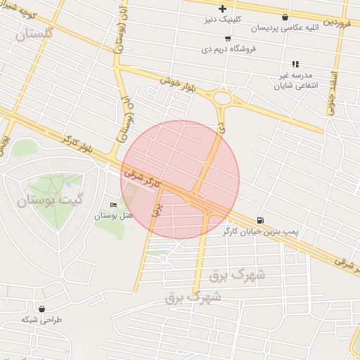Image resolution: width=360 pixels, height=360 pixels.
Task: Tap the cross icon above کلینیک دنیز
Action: click(222, 8)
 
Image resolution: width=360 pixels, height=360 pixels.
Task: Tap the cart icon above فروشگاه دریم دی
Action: click(227, 39)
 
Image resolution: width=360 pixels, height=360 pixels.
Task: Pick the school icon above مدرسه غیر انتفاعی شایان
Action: click(295, 63)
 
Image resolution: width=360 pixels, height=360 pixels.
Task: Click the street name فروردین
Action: click(338, 23)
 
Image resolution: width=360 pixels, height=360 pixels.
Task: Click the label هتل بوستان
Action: click(114, 215)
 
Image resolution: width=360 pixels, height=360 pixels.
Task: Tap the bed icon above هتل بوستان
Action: click(114, 205)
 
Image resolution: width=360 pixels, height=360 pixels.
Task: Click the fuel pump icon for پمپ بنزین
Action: click(262, 220)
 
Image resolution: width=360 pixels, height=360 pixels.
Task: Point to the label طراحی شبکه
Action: click(41, 319)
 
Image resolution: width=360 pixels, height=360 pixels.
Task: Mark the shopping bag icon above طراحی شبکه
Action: click(42, 309)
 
